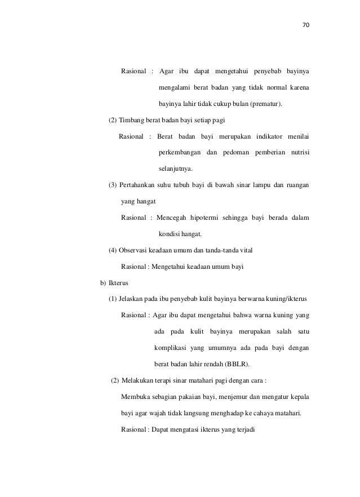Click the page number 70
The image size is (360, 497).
pyautogui.click(x=306, y=25)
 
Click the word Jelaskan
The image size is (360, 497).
pyautogui.click(x=131, y=299)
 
